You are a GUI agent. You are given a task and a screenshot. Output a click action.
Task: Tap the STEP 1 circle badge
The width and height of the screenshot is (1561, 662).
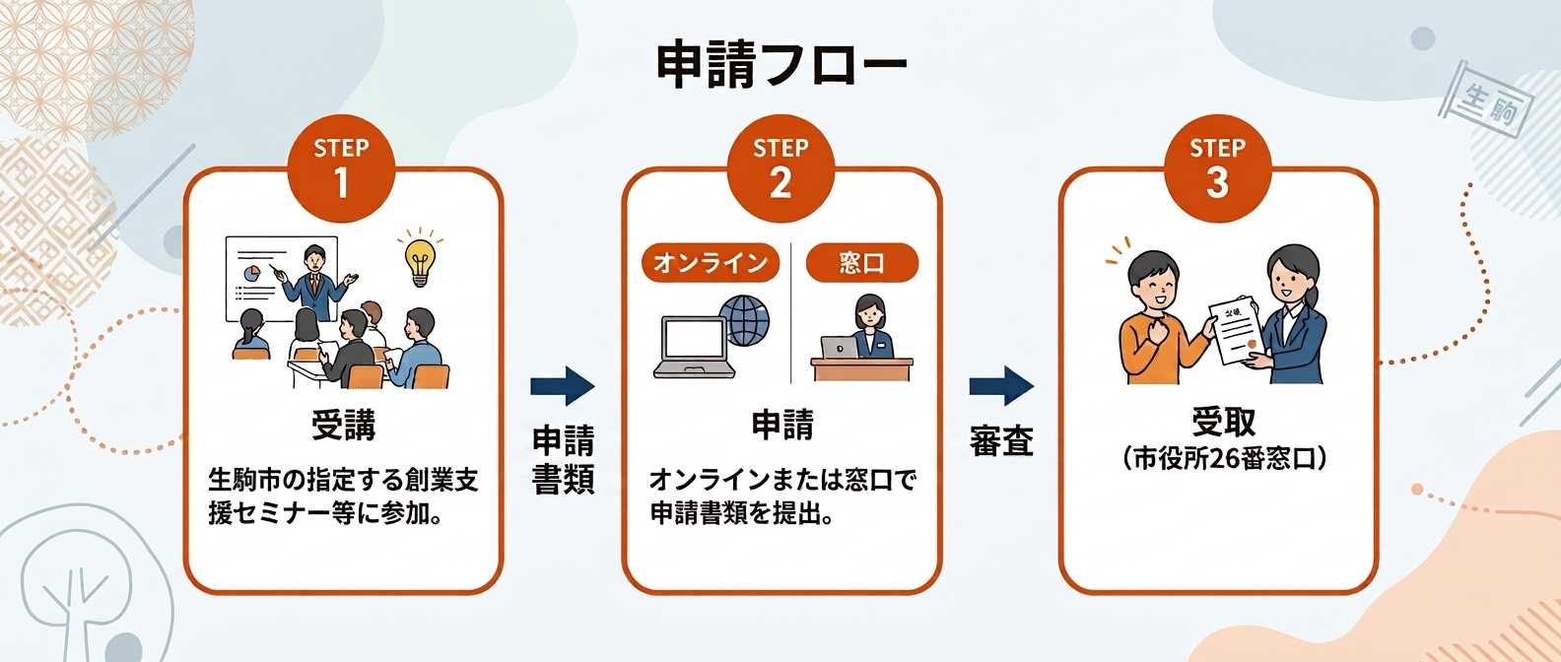click(x=341, y=167)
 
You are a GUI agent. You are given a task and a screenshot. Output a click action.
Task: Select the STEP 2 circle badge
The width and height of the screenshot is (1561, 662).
click(x=780, y=167)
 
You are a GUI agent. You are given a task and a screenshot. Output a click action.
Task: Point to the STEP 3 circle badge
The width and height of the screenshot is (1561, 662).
click(x=1217, y=167)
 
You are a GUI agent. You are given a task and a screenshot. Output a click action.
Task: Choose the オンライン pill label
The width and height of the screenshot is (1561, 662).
click(x=711, y=263)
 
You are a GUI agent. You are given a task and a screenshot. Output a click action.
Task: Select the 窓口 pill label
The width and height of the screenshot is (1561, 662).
click(x=862, y=263)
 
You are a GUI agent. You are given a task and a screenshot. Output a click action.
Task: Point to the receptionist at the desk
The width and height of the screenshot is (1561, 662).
click(x=869, y=326)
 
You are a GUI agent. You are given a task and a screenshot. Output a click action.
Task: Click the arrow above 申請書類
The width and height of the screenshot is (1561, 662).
click(x=563, y=386)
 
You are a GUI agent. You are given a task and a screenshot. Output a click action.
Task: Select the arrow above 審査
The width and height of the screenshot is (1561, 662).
click(x=1001, y=386)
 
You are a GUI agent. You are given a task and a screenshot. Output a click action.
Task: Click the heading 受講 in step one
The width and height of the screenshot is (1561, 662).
click(x=343, y=425)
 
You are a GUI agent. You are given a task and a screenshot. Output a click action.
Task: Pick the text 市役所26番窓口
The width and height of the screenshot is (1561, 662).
click(x=1224, y=458)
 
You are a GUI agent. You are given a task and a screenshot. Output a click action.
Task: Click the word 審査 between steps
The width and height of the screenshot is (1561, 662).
click(x=1001, y=440)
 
